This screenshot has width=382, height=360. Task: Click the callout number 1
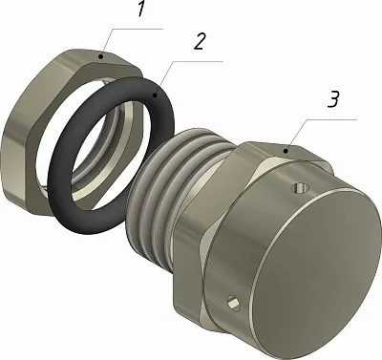(x=141, y=10)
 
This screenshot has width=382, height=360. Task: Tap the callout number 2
(x=201, y=41)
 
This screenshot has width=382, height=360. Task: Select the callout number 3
(x=333, y=99)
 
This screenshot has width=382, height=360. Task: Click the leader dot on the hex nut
(x=101, y=57)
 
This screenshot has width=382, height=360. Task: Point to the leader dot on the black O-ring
(x=155, y=95)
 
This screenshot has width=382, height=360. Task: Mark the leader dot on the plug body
(x=286, y=151)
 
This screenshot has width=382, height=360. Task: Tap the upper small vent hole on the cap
(x=300, y=188)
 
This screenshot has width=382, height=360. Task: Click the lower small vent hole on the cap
(x=233, y=303)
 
